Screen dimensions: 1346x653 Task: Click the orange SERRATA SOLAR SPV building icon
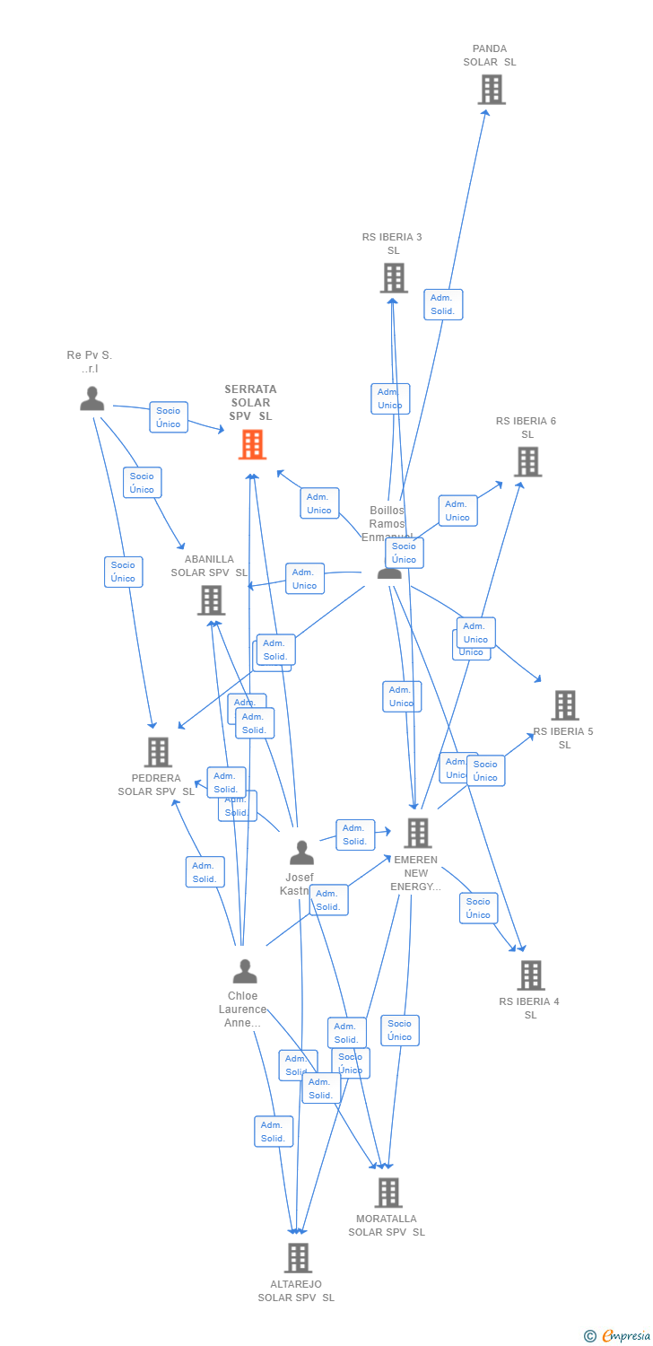click(252, 444)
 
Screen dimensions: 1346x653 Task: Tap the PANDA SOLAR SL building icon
click(491, 90)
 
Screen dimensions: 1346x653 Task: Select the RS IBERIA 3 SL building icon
click(393, 278)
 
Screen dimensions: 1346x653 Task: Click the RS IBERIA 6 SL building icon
click(527, 461)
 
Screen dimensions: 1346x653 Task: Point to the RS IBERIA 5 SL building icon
click(564, 705)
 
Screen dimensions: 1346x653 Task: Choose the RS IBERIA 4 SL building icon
click(531, 975)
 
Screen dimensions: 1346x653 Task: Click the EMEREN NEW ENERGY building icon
click(417, 833)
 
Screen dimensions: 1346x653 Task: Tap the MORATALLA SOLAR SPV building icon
click(387, 1193)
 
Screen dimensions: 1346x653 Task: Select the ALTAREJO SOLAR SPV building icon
click(298, 1258)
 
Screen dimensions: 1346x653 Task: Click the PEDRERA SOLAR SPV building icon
click(158, 752)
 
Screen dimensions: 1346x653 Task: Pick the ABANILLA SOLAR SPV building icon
click(211, 600)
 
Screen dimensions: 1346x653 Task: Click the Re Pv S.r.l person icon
click(91, 398)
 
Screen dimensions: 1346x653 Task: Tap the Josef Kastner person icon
click(301, 852)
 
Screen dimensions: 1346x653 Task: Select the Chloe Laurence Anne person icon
click(244, 971)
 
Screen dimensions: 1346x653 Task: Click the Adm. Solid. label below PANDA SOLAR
click(443, 305)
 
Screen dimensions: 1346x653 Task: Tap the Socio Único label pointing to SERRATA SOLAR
click(169, 417)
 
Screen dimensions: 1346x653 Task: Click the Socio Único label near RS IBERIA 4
click(478, 908)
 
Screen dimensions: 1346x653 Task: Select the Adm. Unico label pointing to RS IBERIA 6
click(457, 511)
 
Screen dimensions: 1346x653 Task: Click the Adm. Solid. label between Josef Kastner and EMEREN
click(355, 835)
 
